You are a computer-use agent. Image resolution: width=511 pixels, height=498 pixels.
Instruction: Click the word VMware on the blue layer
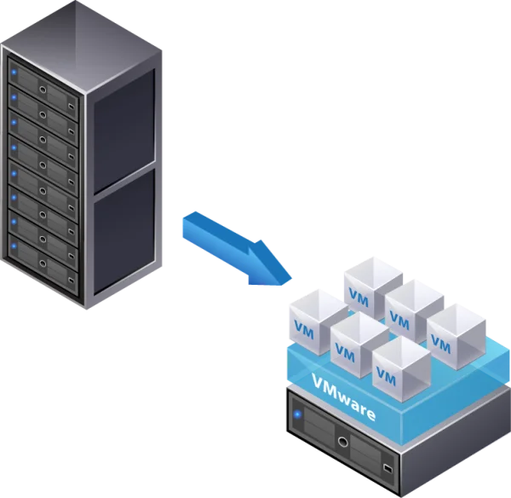click(345, 397)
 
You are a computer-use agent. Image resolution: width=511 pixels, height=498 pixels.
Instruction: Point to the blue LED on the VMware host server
click(297, 415)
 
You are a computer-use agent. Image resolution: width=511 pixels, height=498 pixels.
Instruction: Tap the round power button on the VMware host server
click(342, 441)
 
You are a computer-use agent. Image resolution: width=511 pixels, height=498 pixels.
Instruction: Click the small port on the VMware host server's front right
click(388, 468)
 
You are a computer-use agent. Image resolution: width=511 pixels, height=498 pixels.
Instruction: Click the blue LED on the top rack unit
click(13, 69)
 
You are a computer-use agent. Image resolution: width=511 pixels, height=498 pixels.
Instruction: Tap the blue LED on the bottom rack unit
click(13, 247)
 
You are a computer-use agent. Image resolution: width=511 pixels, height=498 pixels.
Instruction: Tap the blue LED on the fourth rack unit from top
click(13, 146)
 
